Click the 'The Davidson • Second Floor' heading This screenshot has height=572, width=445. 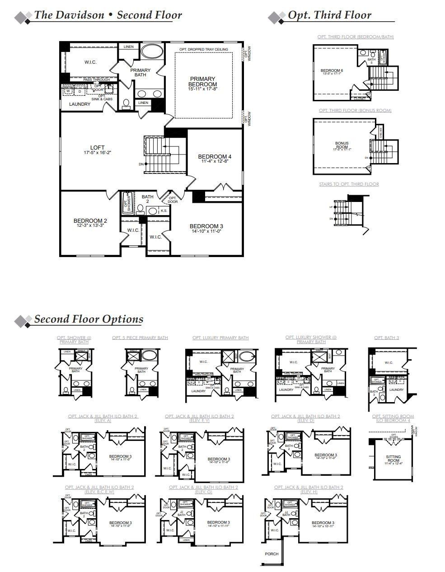click(x=108, y=15)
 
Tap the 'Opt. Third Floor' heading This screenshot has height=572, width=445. click(x=329, y=15)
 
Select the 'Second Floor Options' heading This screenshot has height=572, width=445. click(x=89, y=319)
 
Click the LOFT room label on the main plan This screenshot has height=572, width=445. click(x=97, y=147)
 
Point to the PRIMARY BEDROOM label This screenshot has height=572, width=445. click(x=202, y=82)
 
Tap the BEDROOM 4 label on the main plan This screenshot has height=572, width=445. click(x=215, y=157)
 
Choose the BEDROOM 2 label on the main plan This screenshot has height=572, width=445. click(x=90, y=221)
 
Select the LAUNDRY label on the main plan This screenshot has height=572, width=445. click(x=80, y=104)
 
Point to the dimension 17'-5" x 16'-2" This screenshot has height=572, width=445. click(x=97, y=153)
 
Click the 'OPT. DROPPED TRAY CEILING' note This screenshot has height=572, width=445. click(x=203, y=49)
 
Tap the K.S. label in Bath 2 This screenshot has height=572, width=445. click(x=164, y=211)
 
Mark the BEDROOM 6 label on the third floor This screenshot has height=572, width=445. click(x=332, y=70)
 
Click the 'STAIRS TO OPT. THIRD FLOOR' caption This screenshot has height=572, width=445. click(x=349, y=184)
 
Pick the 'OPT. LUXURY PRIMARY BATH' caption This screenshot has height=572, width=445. click(x=220, y=338)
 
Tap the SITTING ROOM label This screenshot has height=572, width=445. click(x=393, y=459)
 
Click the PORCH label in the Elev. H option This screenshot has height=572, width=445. click(x=272, y=554)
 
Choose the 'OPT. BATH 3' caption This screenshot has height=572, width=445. click(x=386, y=338)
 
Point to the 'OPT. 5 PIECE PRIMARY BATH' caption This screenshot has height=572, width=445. click(x=140, y=338)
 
